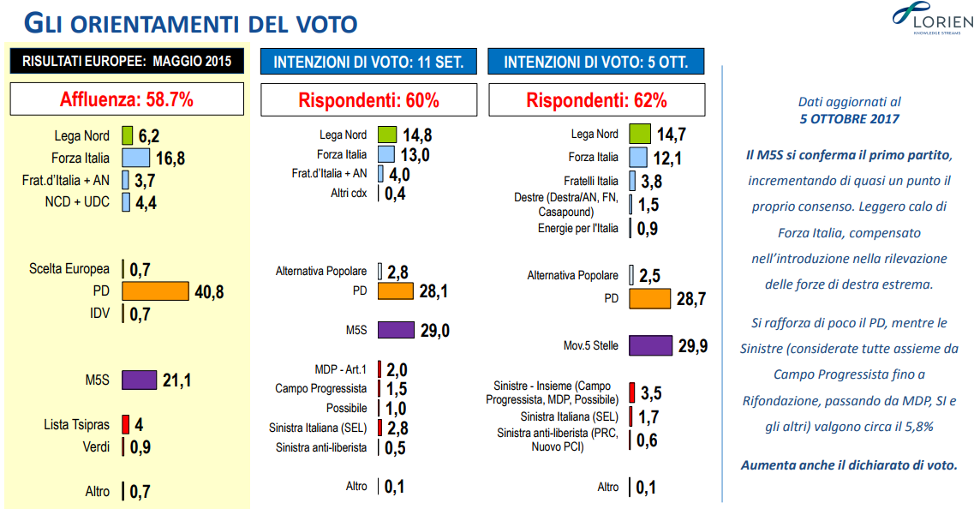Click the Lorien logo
(x=926, y=19)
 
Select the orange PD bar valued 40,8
(x=155, y=291)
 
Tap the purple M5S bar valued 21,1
(x=140, y=380)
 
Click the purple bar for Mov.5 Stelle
(x=650, y=345)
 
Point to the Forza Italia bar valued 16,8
(x=136, y=158)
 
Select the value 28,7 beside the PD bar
(x=691, y=298)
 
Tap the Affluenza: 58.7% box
(x=127, y=99)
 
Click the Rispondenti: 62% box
(x=596, y=100)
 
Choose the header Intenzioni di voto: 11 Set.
(x=368, y=63)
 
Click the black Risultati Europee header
(x=127, y=61)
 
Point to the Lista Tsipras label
(x=76, y=424)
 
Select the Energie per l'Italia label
(x=577, y=228)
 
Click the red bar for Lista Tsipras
(x=125, y=424)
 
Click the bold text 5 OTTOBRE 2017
(x=849, y=119)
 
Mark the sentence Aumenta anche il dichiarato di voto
(x=849, y=465)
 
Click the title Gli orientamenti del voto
(x=190, y=23)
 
